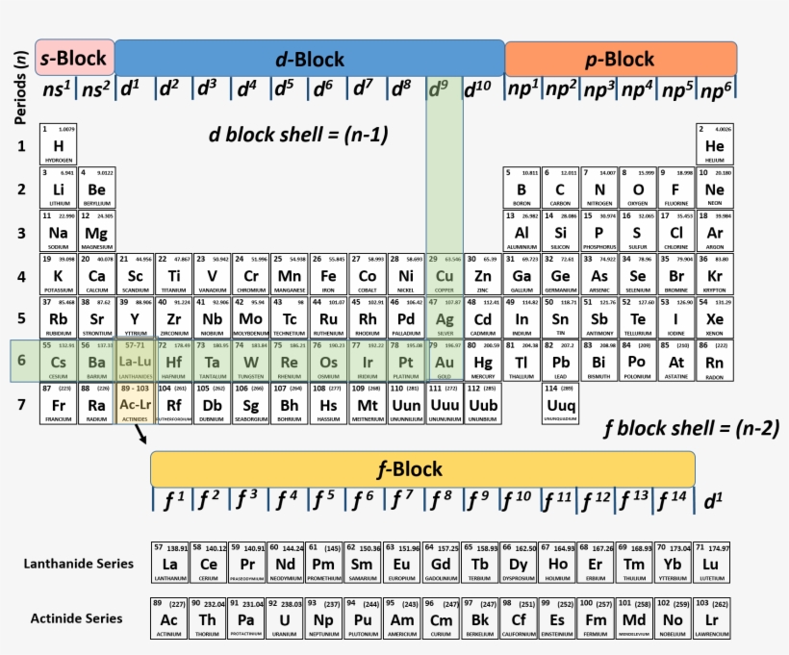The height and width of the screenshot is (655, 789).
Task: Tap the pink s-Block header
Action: pyautogui.click(x=74, y=59)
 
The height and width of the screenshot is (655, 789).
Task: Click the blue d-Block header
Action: pyautogui.click(x=309, y=59)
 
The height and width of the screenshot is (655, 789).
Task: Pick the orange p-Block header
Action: pyautogui.click(x=620, y=59)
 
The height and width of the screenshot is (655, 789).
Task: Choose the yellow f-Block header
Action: pyautogui.click(x=422, y=468)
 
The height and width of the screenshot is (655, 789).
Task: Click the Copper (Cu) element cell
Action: pyautogui.click(x=445, y=275)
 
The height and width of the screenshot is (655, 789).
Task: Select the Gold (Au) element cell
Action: pyautogui.click(x=445, y=361)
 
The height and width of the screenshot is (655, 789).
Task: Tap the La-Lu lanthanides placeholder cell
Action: pyautogui.click(x=135, y=361)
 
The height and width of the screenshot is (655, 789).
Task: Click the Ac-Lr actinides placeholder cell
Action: pyautogui.click(x=135, y=404)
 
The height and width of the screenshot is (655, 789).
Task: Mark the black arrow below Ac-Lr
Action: pyautogui.click(x=141, y=436)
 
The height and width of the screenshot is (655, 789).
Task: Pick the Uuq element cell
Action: pyautogui.click(x=561, y=404)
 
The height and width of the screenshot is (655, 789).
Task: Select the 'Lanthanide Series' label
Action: pyautogui.click(x=79, y=563)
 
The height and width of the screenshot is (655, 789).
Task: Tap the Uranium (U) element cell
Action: pyautogui.click(x=286, y=618)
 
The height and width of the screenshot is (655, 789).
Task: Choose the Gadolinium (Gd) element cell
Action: pyautogui.click(x=442, y=563)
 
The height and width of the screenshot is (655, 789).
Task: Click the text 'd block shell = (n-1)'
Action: pyautogui.click(x=298, y=135)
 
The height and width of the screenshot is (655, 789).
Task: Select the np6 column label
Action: pyautogui.click(x=715, y=89)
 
